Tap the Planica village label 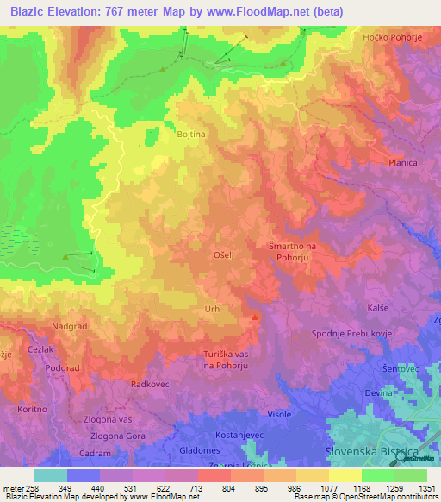(x=402, y=162)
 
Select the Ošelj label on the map (x=225, y=255)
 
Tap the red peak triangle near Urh (x=255, y=317)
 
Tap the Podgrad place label (x=63, y=367)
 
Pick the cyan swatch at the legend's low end (x=51, y=475)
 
